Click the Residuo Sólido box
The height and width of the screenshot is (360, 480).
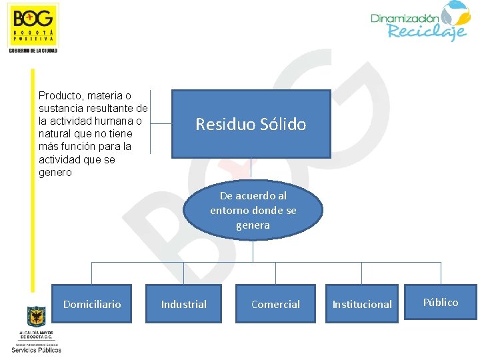251,124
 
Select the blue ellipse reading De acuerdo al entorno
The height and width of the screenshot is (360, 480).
253,210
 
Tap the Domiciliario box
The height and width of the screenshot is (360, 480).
92,304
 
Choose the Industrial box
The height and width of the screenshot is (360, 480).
184,304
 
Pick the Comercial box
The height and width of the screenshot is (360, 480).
275,304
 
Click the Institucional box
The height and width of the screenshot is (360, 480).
362,304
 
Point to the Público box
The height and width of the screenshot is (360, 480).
441,303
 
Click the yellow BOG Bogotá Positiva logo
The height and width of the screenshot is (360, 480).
33,25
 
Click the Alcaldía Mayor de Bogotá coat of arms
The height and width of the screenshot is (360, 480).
36,317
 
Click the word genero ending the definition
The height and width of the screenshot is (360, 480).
55,173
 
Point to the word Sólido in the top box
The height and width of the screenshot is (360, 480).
283,124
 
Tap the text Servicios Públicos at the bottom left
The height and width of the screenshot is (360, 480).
37,349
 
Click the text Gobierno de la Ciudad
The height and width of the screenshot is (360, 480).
33,51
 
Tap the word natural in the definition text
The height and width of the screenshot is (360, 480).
57,134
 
